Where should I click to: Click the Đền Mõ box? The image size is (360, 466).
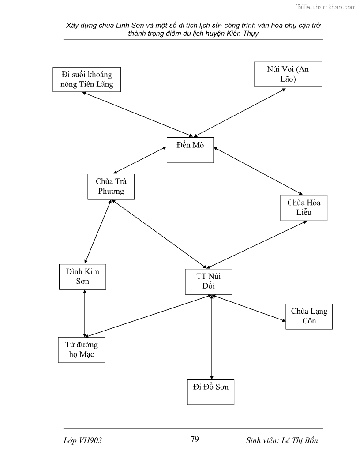(x=190, y=150)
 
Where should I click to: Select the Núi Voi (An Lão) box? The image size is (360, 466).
(x=288, y=74)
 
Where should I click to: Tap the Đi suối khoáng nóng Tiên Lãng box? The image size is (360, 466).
(x=86, y=79)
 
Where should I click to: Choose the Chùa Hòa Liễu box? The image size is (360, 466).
(x=304, y=208)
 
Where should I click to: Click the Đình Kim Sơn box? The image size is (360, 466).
(x=82, y=277)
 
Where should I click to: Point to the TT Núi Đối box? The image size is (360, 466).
(x=208, y=281)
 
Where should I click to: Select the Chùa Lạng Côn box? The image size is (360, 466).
(x=309, y=316)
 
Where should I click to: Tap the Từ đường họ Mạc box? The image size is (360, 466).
(x=82, y=349)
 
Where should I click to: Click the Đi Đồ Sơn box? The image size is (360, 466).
(x=210, y=391)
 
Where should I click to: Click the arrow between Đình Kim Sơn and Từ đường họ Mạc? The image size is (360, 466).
(x=85, y=313)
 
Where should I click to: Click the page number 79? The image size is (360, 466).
(x=195, y=439)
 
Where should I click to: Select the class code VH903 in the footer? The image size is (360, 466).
(x=91, y=440)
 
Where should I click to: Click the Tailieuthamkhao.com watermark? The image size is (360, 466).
(x=326, y=7)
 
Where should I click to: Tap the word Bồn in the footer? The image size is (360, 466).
(x=309, y=440)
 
